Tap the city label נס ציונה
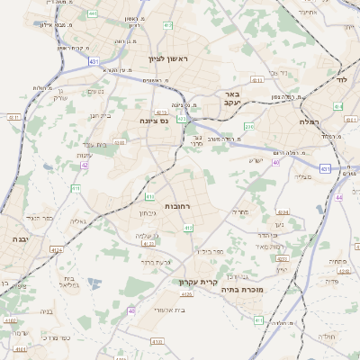coord(155,120)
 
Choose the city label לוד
coord(341,79)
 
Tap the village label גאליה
coord(78,220)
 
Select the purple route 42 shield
coord(85,165)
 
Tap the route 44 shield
coord(338,196)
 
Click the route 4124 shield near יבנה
coord(57,250)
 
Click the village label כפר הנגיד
coord(40,218)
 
